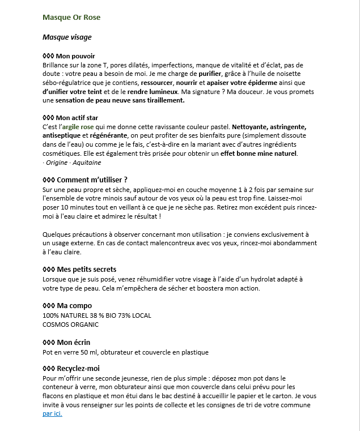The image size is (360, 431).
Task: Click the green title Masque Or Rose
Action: pos(71,18)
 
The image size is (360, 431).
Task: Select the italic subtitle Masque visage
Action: pos(67,37)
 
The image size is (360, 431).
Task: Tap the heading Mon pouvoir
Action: pos(75,56)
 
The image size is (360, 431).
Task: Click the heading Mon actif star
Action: pos(81,118)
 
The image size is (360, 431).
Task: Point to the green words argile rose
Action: pos(78,127)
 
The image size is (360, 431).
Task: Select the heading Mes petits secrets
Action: pos(87,269)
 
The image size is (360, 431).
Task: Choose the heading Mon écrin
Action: pos(74,342)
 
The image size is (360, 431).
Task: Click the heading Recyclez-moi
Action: pos(79,369)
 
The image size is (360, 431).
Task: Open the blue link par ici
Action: pos(52,414)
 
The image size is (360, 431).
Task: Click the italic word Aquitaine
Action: pos(87,163)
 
